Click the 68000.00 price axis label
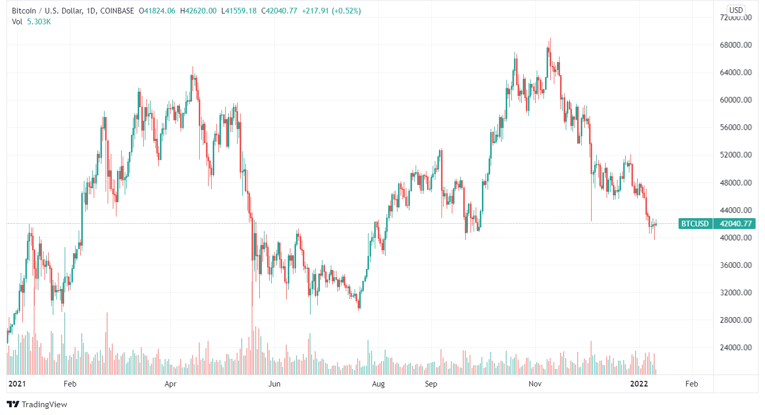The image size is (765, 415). [735, 45]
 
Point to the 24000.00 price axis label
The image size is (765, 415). [735, 348]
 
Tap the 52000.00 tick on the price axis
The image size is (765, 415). [735, 155]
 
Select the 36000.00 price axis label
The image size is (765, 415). [735, 265]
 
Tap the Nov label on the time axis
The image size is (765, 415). [535, 384]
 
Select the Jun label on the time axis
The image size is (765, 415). [275, 384]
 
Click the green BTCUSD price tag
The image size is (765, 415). [695, 224]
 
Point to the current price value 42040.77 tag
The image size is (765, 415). [734, 224]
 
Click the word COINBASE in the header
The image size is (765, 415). [117, 11]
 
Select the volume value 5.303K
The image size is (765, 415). [39, 22]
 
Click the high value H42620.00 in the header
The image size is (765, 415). [198, 11]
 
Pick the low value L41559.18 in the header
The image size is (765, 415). [239, 11]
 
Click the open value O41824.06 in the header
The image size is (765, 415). [157, 11]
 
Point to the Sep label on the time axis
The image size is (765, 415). [431, 384]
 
